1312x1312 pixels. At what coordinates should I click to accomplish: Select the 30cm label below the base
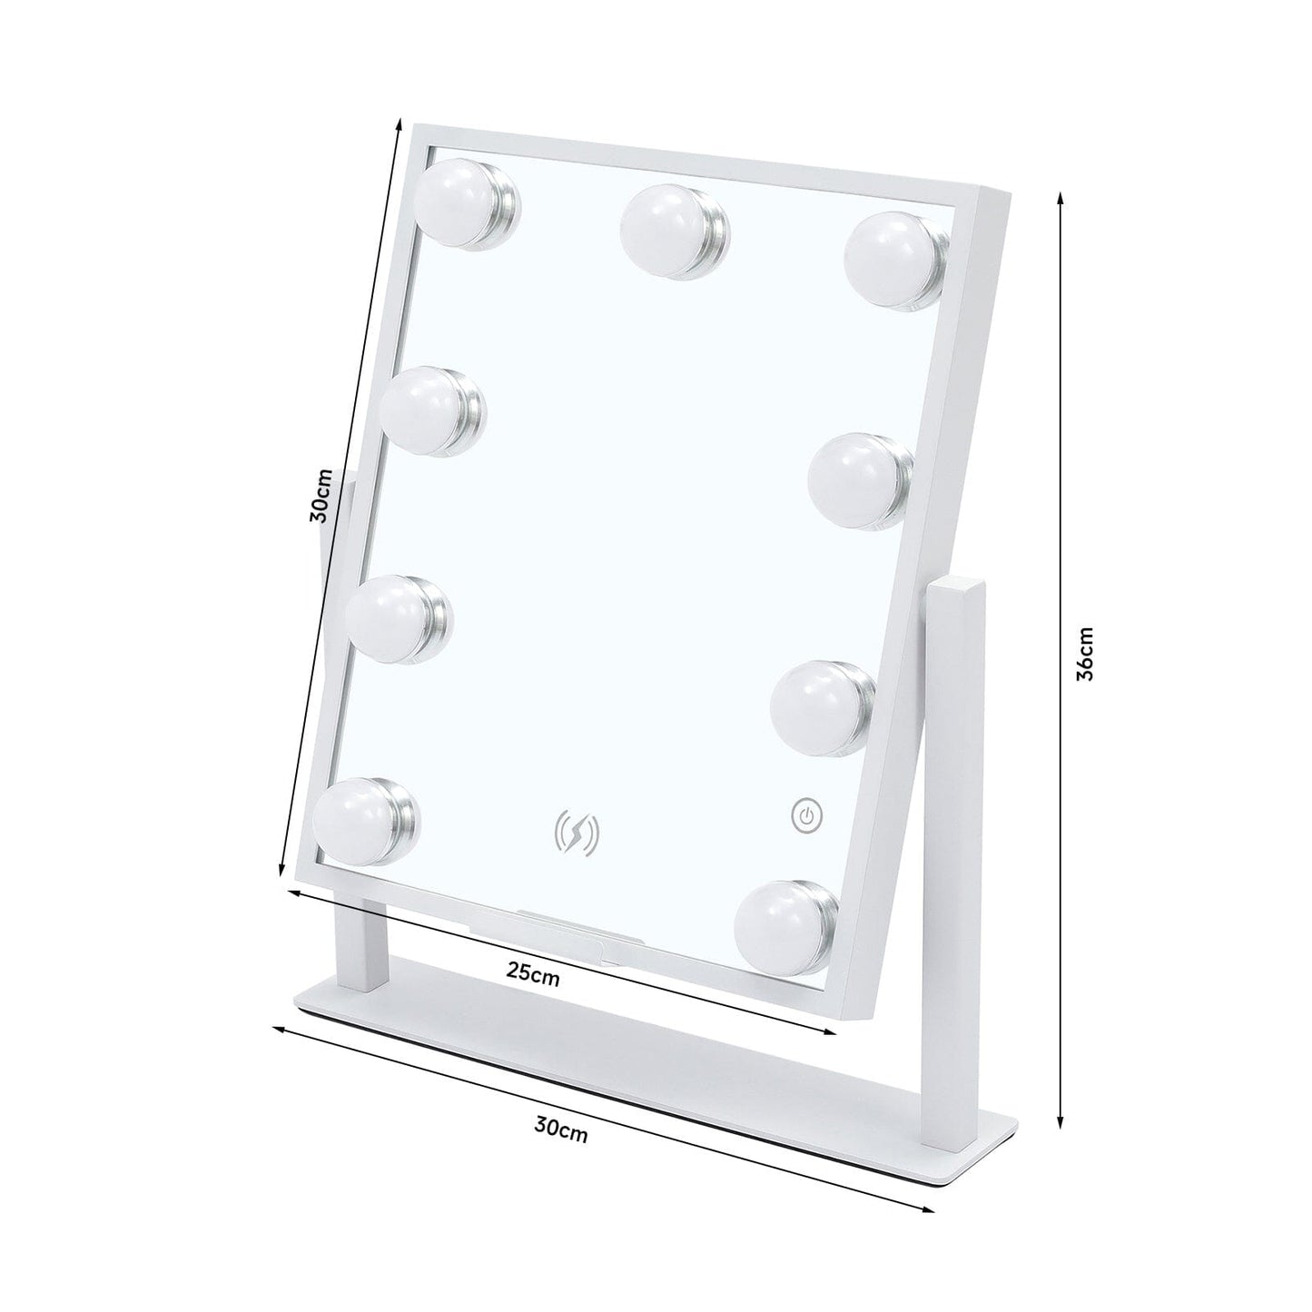tap(560, 1130)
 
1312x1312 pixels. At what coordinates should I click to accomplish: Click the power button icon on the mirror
tap(806, 815)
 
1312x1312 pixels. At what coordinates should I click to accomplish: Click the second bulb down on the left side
tap(427, 409)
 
